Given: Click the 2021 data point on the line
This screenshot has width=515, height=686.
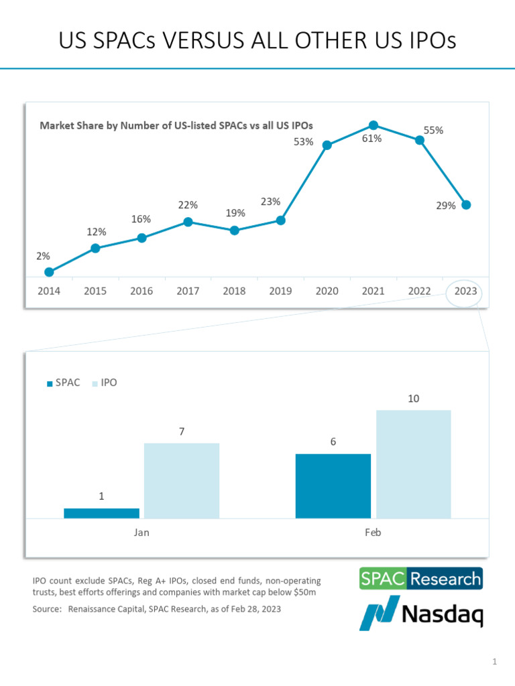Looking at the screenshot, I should pos(374,125).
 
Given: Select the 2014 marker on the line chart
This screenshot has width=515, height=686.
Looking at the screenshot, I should pos(49,272).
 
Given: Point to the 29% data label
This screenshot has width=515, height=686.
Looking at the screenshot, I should pos(446,206).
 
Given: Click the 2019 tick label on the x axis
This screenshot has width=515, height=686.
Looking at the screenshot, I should pos(280,291).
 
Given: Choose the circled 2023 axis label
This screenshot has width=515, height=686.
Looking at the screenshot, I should pos(465,291).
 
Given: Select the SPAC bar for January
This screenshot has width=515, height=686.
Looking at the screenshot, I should pos(101,513).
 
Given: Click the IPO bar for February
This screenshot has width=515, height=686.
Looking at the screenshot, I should pos(414,464).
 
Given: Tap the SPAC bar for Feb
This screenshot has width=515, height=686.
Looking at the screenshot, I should pos(333,486).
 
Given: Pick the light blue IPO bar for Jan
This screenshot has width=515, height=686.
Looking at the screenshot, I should pos(182,480).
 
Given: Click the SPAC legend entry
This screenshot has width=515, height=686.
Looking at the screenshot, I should pos(64,383).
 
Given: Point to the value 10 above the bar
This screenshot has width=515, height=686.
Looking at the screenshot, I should pos(414,399).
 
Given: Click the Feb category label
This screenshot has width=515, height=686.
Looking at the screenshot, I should pos(373,533).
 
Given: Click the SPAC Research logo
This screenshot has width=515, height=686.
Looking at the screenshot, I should pos(421,578).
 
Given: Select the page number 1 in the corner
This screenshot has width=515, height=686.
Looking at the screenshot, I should pos(495,663).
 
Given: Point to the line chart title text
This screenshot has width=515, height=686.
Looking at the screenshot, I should pos(176,125).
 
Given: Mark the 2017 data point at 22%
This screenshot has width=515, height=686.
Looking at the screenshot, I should pos(188,222).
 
